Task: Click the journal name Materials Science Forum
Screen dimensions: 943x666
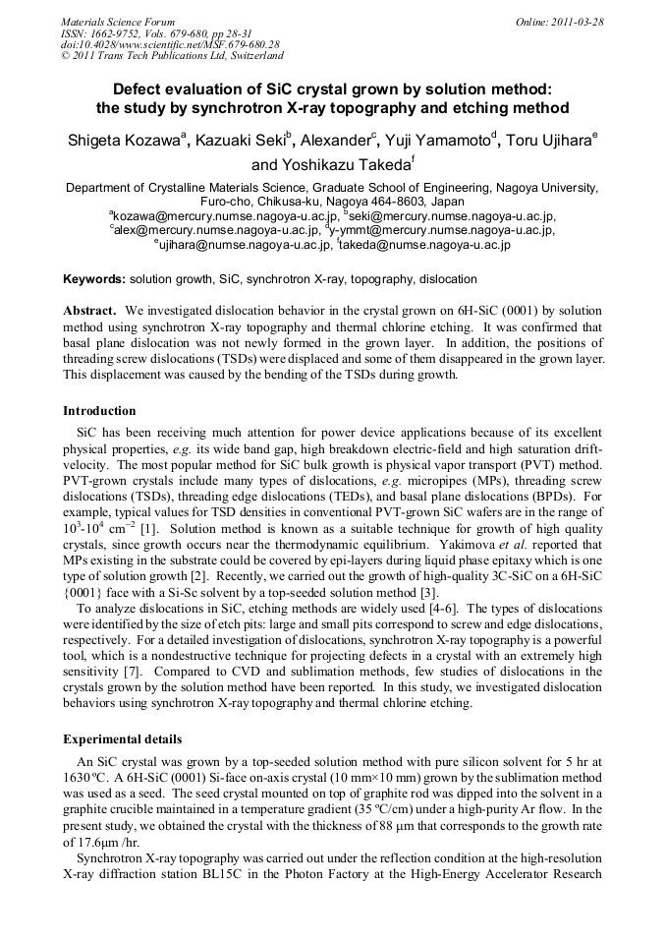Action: pyautogui.click(x=118, y=22)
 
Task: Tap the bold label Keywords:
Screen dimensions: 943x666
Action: pyautogui.click(x=94, y=279)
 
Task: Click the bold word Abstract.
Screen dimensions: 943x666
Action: pyautogui.click(x=90, y=310)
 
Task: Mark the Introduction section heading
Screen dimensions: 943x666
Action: pyautogui.click(x=99, y=410)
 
